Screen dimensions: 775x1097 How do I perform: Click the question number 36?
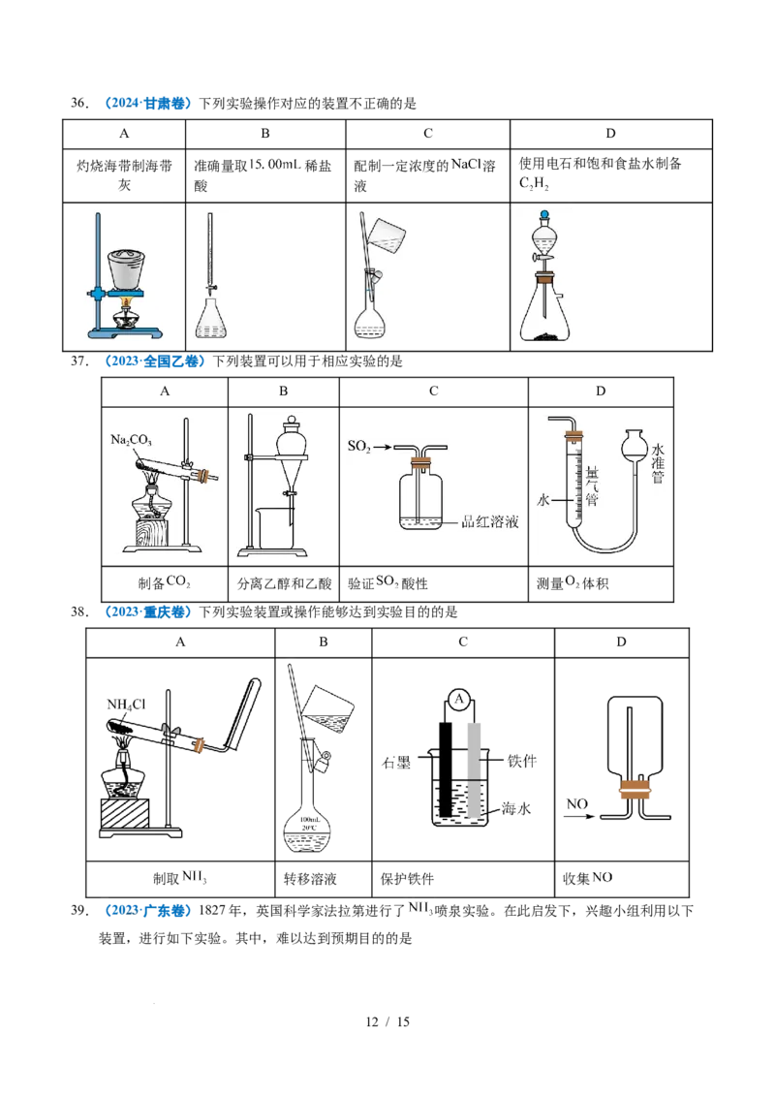tap(79, 104)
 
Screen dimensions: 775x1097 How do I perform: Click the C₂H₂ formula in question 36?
tap(534, 183)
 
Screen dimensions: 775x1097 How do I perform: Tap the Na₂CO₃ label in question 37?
tap(131, 440)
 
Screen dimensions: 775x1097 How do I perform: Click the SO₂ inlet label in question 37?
tap(358, 447)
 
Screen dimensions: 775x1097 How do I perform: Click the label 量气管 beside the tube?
tap(592, 486)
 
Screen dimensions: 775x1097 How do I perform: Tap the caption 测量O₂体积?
tap(573, 582)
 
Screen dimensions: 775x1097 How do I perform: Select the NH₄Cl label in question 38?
tap(126, 704)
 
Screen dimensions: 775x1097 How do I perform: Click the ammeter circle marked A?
tap(459, 698)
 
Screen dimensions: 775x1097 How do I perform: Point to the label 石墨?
tap(396, 763)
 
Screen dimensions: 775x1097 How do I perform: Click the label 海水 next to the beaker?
tap(515, 809)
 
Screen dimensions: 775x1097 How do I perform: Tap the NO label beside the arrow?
tap(577, 804)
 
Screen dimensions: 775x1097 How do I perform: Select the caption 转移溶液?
tap(310, 879)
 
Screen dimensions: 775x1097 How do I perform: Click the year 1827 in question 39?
tap(212, 910)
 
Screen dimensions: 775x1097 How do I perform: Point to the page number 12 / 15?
tap(387, 1021)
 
